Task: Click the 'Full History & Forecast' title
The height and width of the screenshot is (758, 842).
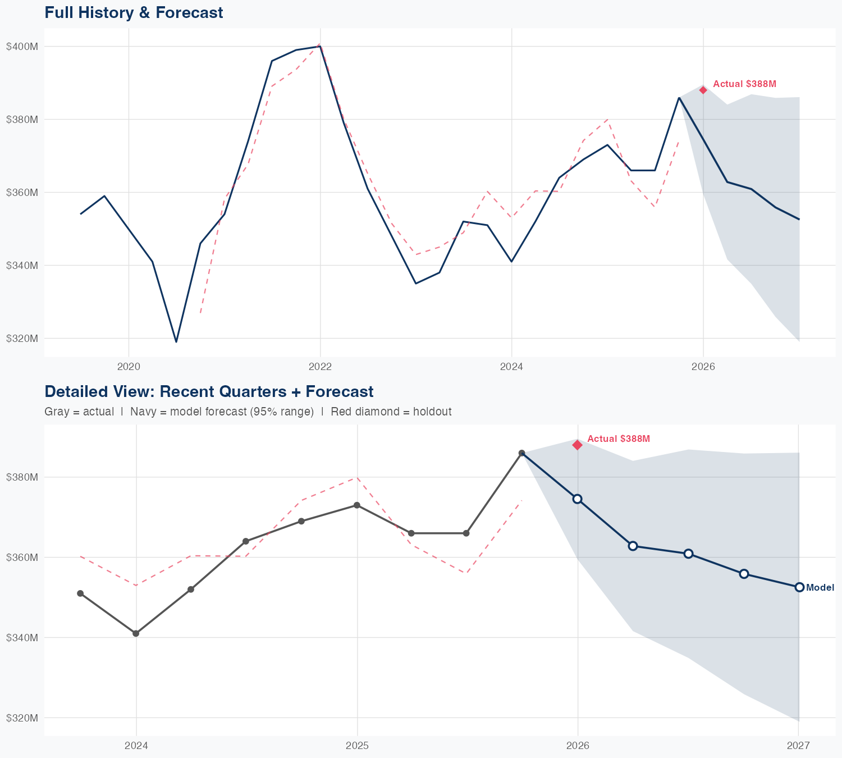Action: click(134, 12)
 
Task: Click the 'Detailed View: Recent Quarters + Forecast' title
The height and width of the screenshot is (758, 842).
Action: click(209, 391)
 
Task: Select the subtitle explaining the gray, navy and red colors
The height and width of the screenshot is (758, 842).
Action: click(248, 412)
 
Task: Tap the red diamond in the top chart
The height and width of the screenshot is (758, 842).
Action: click(703, 90)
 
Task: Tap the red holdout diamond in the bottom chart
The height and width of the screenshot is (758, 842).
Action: click(577, 445)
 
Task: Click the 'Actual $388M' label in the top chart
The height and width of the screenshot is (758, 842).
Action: click(744, 84)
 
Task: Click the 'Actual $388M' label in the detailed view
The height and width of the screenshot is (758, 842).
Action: click(619, 439)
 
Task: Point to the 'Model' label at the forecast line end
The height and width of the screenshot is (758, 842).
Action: click(820, 587)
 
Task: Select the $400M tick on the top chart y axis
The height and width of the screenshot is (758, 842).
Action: click(22, 46)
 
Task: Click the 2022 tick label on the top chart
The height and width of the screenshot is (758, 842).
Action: click(320, 367)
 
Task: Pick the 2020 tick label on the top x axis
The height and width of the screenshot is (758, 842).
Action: click(129, 367)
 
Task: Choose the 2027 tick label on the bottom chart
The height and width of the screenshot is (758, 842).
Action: click(798, 746)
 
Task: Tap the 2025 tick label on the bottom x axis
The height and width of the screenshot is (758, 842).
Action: click(357, 746)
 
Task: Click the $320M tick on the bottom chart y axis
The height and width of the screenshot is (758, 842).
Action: click(22, 718)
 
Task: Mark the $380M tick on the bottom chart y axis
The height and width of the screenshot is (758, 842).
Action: click(22, 477)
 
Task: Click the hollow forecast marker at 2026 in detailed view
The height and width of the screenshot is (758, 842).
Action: click(577, 499)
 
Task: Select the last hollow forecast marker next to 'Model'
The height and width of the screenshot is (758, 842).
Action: click(799, 587)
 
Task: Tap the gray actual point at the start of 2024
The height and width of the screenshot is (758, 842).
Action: click(136, 633)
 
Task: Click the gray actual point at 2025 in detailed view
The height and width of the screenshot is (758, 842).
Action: click(356, 505)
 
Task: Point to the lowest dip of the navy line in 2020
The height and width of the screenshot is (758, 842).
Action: click(176, 341)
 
